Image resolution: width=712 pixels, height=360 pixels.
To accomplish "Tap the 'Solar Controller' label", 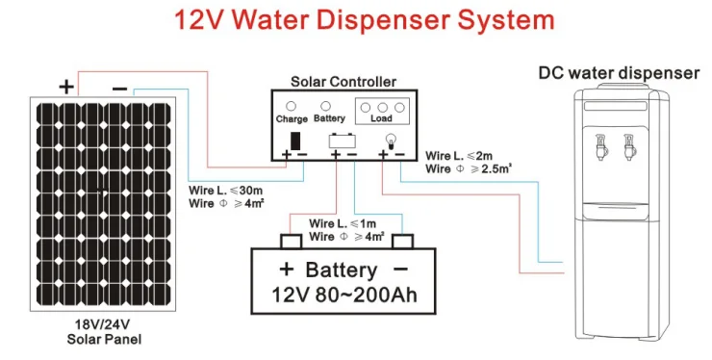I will pyautogui.click(x=343, y=84).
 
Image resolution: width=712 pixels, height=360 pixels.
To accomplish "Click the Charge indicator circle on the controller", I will pyautogui.click(x=292, y=107).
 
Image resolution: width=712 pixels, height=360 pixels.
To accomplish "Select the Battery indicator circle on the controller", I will pyautogui.click(x=326, y=107).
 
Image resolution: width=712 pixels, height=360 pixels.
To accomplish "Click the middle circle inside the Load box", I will pyautogui.click(x=382, y=108).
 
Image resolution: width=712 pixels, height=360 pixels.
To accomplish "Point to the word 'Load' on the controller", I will pyautogui.click(x=381, y=119).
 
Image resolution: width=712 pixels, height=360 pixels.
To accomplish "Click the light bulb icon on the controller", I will pyautogui.click(x=390, y=140).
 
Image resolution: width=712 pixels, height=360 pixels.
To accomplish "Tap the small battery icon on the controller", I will pyautogui.click(x=341, y=141).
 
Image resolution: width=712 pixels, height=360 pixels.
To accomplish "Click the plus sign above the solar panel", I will pyautogui.click(x=65, y=86).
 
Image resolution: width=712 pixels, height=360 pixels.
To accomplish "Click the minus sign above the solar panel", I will pyautogui.click(x=118, y=87).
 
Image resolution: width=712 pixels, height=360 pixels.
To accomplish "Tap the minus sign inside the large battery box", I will pyautogui.click(x=399, y=269).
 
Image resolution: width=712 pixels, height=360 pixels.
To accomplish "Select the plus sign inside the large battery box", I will pyautogui.click(x=286, y=269).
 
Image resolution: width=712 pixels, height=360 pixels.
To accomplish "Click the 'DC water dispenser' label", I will pyautogui.click(x=617, y=73).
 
